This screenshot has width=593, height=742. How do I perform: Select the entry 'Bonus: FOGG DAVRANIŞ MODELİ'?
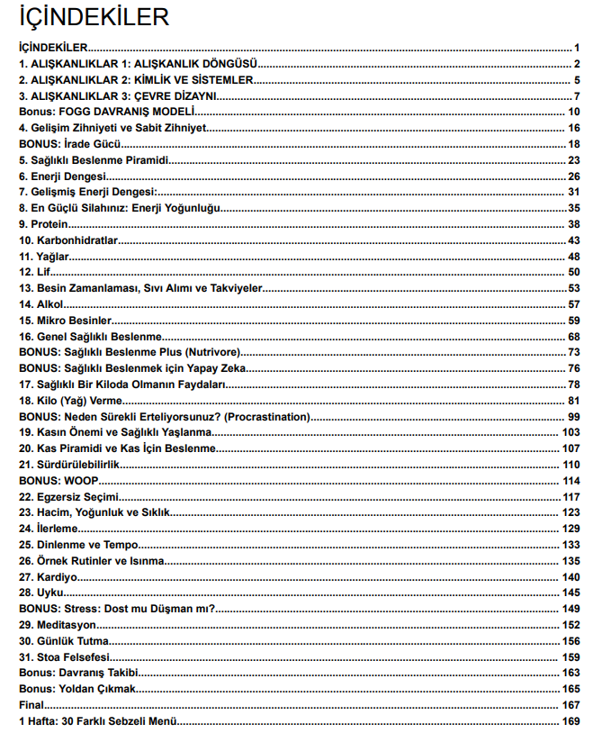click(x=107, y=112)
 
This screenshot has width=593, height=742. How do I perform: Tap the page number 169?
click(x=571, y=721)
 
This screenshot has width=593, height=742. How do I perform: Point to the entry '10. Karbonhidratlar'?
click(x=68, y=240)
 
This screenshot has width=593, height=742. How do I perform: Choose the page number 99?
click(x=573, y=416)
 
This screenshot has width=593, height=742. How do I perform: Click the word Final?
click(x=31, y=705)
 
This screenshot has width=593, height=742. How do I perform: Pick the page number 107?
click(x=571, y=448)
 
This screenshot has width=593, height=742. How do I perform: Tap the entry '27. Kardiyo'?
click(x=49, y=576)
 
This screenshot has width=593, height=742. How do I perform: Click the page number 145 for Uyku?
click(x=571, y=593)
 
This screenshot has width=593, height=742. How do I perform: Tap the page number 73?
click(x=573, y=352)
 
